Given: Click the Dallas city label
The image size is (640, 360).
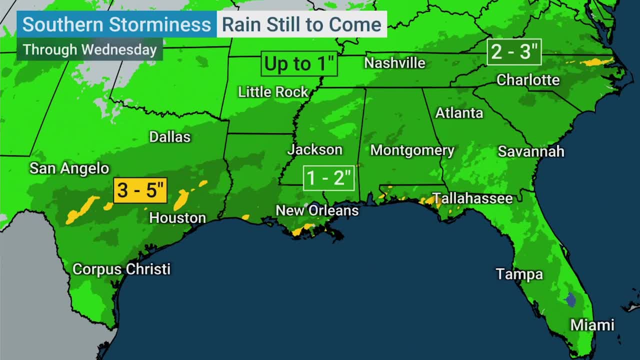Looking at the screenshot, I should point(170,137).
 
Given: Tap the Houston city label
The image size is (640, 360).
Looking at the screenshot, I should point(177,218).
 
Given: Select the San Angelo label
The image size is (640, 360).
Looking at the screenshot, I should point(69,168).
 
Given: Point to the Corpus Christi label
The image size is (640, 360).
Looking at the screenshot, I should point(121,269).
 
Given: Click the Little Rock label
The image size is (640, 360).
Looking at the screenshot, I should point(273,92).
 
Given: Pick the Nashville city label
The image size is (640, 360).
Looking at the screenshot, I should point(394,63).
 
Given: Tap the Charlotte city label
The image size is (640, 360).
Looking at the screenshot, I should point(528,80).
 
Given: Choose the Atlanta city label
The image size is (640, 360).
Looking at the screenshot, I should point(459,113).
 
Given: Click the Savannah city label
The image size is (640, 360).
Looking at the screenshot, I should point(531,151).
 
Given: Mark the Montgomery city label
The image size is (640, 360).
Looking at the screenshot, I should point(412,150).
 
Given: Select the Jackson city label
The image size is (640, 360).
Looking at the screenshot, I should point(315,149).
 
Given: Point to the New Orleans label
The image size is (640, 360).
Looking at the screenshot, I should point(317,210).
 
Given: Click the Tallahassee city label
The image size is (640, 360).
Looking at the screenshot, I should point(472,198).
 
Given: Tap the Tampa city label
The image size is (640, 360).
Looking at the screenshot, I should point(519,274).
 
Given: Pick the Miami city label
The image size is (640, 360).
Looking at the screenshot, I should point(592,325).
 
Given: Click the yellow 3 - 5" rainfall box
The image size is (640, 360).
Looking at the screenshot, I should point(140,190).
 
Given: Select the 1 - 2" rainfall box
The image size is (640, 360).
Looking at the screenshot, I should point(329,178).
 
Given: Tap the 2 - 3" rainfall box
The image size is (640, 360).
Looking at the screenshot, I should point(514,52).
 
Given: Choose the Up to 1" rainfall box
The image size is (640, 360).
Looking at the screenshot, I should point(299,64).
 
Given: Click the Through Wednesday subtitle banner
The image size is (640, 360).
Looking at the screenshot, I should point(90,50).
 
